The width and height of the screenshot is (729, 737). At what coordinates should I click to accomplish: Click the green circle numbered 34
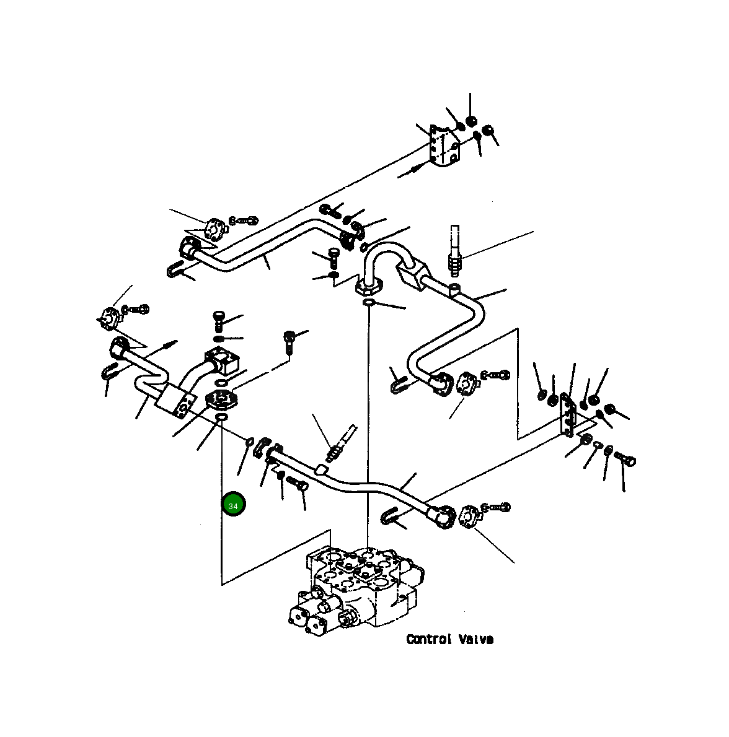pos(234,505)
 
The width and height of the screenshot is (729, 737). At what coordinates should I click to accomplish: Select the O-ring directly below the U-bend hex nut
pos(369,302)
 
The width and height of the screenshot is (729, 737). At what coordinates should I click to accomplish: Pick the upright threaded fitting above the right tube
pos(456,248)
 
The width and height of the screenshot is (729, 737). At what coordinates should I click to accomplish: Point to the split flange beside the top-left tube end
pos(214,229)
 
